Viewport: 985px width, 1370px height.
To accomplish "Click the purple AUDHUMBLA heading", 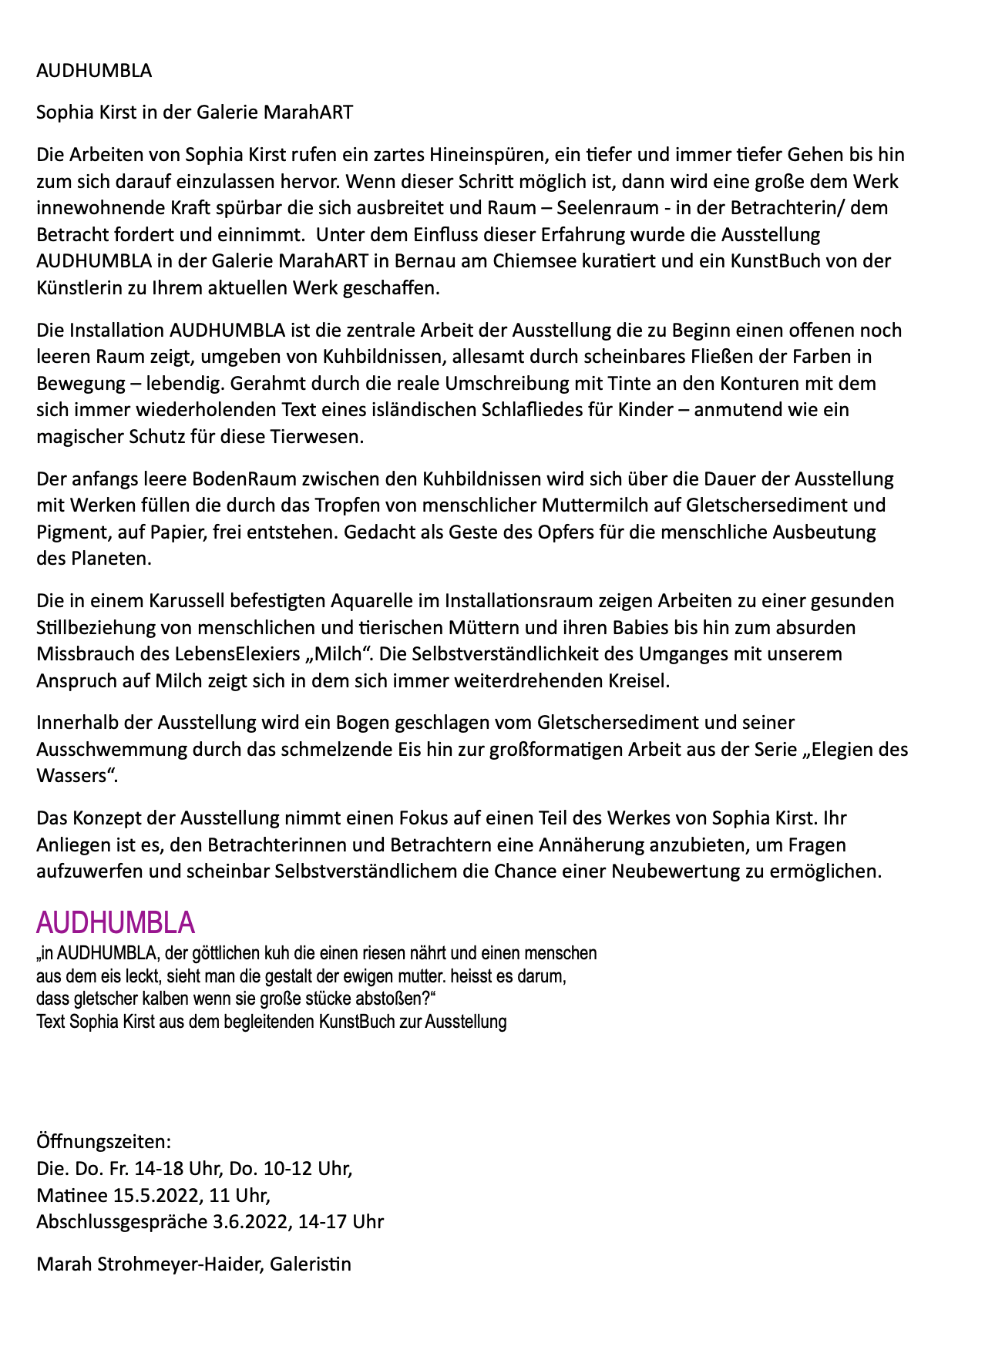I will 116,922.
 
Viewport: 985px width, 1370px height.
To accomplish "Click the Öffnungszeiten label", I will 104,1141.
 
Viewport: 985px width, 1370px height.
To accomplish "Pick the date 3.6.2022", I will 250,1221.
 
